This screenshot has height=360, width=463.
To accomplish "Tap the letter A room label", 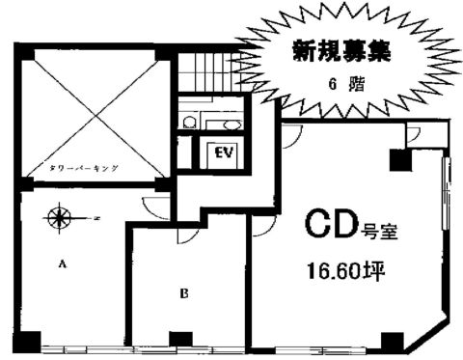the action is pos(64,262).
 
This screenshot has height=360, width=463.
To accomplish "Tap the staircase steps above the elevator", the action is pos(206,73).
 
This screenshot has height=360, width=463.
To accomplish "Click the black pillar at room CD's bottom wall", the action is pos(391,340).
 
